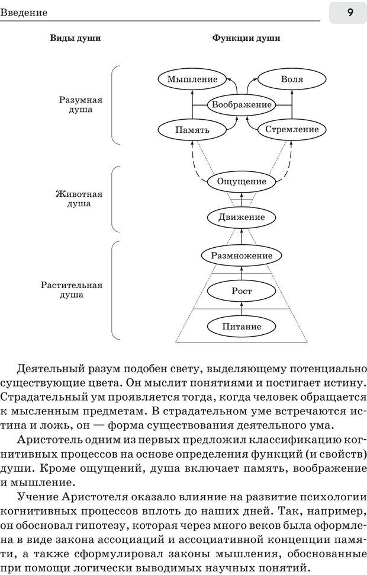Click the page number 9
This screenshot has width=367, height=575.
pyautogui.click(x=350, y=12)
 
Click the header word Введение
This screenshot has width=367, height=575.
pyautogui.click(x=24, y=12)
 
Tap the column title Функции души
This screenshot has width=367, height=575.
pyautogui.click(x=246, y=39)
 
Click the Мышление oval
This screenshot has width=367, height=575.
pyautogui.click(x=192, y=79)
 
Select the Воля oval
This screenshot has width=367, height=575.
pyautogui.click(x=292, y=79)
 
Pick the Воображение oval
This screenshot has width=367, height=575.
pyautogui.click(x=242, y=105)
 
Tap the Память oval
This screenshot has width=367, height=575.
pyautogui.click(x=192, y=129)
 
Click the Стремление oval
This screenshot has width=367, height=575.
pyautogui.click(x=292, y=129)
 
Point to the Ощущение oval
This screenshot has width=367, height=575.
pyautogui.click(x=242, y=181)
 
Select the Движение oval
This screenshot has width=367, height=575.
pyautogui.click(x=242, y=218)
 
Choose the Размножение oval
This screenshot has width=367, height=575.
pyautogui.click(x=242, y=255)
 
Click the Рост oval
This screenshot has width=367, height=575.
pyautogui.click(x=242, y=291)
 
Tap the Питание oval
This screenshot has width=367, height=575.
pyautogui.click(x=242, y=327)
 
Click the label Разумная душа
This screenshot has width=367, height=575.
pyautogui.click(x=76, y=105)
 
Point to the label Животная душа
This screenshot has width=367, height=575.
pyautogui.click(x=76, y=199)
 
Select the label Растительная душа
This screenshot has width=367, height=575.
pyautogui.click(x=72, y=289)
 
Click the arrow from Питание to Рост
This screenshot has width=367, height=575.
pyautogui.click(x=242, y=309)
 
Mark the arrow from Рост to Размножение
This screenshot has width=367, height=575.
pyautogui.click(x=242, y=273)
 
